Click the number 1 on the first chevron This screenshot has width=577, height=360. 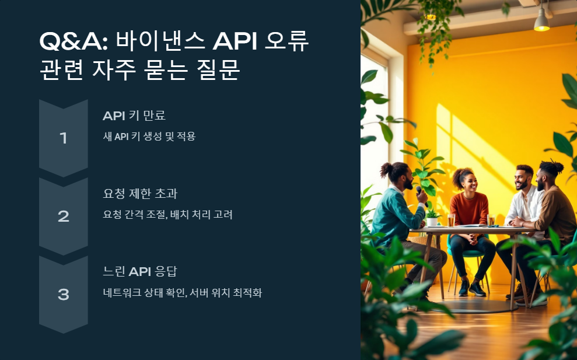pyautogui.click(x=64, y=138)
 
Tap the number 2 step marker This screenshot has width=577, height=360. pyautogui.click(x=64, y=216)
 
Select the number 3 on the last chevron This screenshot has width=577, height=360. pyautogui.click(x=64, y=295)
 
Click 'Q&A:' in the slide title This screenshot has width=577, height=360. pyautogui.click(x=73, y=42)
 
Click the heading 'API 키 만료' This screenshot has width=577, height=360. pyautogui.click(x=134, y=116)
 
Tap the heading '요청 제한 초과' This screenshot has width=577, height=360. pyautogui.click(x=139, y=194)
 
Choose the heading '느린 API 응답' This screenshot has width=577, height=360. pyautogui.click(x=139, y=272)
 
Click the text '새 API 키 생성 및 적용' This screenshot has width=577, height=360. pyautogui.click(x=149, y=137)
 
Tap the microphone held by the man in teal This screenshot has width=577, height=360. pyautogui.click(x=419, y=190)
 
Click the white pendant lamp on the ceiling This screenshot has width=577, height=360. pyautogui.click(x=542, y=23)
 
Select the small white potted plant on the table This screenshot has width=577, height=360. pyautogui.click(x=432, y=221)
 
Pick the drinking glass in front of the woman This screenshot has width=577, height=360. pyautogui.click(x=452, y=220)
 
